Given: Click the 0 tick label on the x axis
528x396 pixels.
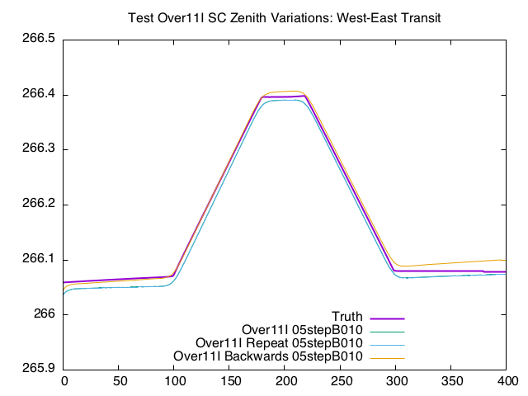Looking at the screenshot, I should pos(64,381).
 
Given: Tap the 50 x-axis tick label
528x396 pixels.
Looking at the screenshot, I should pos(119,381).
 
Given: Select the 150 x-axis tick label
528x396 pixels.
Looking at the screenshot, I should pos(230,381).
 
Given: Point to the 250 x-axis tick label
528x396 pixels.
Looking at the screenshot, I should pos(341,381).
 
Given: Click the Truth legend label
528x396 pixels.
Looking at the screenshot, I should pos(347,318).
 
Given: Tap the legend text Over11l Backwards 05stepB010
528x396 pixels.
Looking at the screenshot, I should pos(268,356).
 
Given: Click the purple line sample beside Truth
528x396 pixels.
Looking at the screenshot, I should pos(387,318).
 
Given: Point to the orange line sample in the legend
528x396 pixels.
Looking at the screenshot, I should pos(387,357).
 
